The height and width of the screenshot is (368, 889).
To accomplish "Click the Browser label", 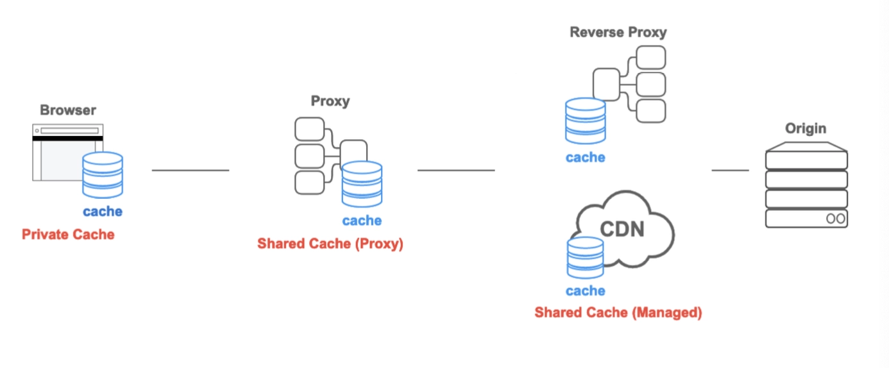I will [x=68, y=110].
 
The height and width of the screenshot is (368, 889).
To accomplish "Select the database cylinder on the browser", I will [x=103, y=174].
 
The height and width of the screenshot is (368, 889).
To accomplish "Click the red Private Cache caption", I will [x=68, y=235].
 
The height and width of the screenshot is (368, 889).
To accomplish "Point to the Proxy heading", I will [x=330, y=101].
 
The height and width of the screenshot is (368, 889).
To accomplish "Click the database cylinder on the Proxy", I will [x=362, y=184].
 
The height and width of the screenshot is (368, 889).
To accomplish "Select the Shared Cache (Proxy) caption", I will [x=330, y=244].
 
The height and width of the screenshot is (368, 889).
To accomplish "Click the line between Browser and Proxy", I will [x=190, y=171].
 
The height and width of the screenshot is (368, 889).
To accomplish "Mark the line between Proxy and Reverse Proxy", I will [x=456, y=171].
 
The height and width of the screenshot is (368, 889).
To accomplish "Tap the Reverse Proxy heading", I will [x=618, y=32].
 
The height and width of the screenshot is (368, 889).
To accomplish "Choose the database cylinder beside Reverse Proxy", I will [x=585, y=121].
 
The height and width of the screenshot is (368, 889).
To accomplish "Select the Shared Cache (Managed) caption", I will [x=618, y=313].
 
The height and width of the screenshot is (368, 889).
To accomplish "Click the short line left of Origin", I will [x=730, y=171].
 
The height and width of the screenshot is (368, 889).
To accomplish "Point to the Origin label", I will [x=806, y=129].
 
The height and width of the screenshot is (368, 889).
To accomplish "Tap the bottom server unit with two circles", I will [x=806, y=218].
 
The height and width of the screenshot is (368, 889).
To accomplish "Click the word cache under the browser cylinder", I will [x=103, y=212].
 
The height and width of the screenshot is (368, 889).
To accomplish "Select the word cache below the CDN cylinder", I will [x=585, y=291].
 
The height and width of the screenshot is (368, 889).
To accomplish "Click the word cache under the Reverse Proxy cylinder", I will [x=585, y=157].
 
